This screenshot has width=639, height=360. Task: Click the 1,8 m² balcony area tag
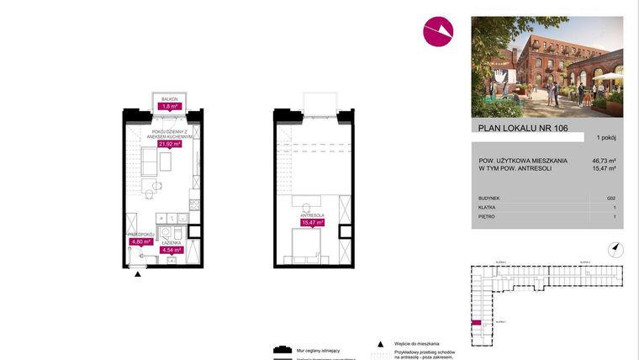click(x=171, y=107)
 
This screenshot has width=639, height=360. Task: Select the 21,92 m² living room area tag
click(x=171, y=144)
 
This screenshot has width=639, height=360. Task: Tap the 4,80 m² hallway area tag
click(x=140, y=241)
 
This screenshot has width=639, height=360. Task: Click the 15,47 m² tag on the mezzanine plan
click(x=313, y=223)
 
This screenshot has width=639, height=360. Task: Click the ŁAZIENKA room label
click(x=172, y=242)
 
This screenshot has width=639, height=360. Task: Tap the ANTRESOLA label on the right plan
click(x=313, y=215)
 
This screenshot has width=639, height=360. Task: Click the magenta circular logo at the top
click(x=438, y=31)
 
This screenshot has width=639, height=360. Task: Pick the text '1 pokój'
click(x=606, y=137)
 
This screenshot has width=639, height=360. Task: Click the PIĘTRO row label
click(x=487, y=217)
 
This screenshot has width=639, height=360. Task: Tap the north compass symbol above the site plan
click(x=615, y=247)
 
